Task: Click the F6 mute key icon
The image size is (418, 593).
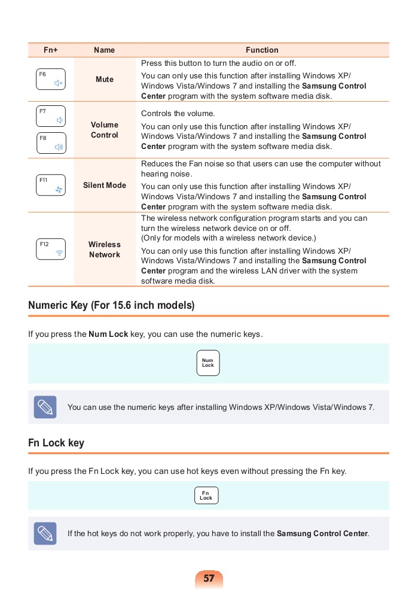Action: coord(51,80)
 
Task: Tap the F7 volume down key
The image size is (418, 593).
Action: coord(51,116)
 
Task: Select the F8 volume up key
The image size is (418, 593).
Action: coord(51,143)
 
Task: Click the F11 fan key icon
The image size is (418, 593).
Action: coord(51,185)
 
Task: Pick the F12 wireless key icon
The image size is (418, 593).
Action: coord(51,249)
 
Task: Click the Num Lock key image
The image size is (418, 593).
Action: coord(208,363)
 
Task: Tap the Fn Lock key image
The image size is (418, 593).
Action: coord(206,495)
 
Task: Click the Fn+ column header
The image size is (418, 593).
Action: coord(51,50)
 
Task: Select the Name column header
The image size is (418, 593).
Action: coord(105,50)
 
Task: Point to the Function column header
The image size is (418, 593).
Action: coord(262,50)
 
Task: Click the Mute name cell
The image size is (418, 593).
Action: coord(105,80)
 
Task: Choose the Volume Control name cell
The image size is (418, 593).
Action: coord(105,130)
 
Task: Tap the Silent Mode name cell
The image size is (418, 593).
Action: coord(105,185)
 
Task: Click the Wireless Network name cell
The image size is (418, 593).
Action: coord(105,250)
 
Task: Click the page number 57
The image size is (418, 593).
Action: coord(209,579)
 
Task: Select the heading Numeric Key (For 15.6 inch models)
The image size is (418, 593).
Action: coord(111,305)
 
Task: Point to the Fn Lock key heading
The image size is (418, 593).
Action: coord(56,443)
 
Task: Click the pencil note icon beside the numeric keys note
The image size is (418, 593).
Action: coord(45,407)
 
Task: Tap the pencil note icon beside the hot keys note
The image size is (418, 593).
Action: coord(45,533)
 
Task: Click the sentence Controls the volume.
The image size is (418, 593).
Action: coord(178,114)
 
